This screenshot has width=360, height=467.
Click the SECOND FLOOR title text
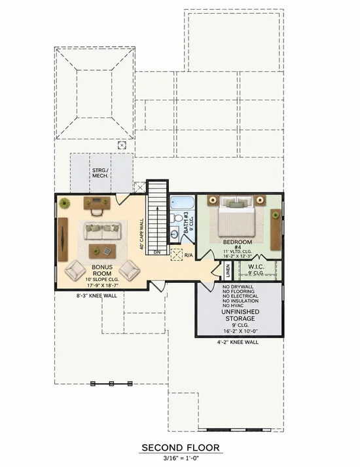[x=180, y=447]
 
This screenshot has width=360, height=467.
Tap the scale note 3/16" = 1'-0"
[x=181, y=458]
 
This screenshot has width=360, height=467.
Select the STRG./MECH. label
[x=100, y=173]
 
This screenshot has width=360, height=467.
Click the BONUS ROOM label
[x=102, y=270]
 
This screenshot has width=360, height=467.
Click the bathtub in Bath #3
[x=182, y=202]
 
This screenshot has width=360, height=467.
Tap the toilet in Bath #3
[x=177, y=217]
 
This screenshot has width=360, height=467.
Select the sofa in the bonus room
[x=103, y=231]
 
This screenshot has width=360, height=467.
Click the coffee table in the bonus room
[x=102, y=252]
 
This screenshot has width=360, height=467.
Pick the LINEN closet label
[x=228, y=271]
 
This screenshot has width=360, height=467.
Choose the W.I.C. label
[x=256, y=267]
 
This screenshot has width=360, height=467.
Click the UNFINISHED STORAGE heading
[x=240, y=315]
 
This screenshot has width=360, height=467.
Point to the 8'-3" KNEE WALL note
[x=97, y=296]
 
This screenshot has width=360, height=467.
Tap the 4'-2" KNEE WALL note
[x=238, y=342]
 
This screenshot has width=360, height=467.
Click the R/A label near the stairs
[x=189, y=255]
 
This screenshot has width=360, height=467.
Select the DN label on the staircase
[x=157, y=253]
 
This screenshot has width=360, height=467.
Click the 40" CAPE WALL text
[x=141, y=234]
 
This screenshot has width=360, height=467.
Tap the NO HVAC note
[x=233, y=306]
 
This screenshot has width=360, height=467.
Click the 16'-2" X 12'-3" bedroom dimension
[x=238, y=256]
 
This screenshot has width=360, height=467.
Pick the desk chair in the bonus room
[x=96, y=212]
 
